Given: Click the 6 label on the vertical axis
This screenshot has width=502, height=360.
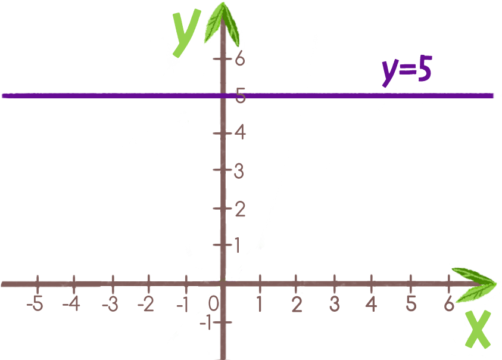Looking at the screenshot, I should [x=239, y=58].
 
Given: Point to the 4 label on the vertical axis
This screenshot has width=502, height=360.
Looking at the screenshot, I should [x=239, y=132].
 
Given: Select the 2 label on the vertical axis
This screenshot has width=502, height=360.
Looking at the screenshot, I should [x=239, y=209].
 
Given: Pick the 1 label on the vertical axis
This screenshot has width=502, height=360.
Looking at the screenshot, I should [x=238, y=244].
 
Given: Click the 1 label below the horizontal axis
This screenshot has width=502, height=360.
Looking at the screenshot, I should [x=260, y=304].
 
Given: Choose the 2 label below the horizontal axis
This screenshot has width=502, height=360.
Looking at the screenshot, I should [x=296, y=304].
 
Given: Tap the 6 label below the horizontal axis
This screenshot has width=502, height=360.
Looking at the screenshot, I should [x=449, y=303].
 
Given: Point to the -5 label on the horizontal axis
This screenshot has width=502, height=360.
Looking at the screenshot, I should [x=36, y=304].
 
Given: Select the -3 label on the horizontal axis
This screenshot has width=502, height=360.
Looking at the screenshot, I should [x=110, y=304].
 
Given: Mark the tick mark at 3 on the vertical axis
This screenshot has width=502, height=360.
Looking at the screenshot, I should [x=222, y=169].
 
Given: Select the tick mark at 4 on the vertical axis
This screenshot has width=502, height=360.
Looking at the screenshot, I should [x=222, y=132].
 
